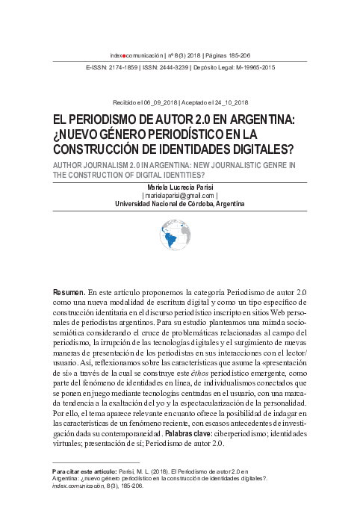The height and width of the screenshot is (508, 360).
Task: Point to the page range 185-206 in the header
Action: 240,55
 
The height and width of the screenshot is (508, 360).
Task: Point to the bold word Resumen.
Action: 68,291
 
